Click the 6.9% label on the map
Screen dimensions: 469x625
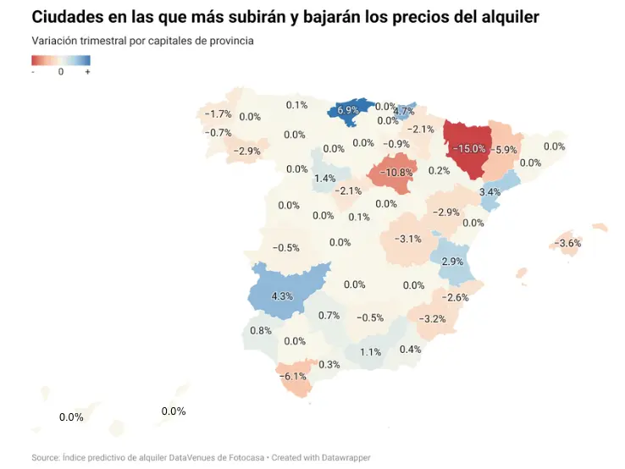coord(348,110)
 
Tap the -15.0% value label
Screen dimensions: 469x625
coord(468,148)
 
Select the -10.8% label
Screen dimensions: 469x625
coord(395,173)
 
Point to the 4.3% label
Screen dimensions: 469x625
coord(282,296)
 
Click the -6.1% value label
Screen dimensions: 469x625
coord(294,376)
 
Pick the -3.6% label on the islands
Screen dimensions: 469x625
coord(567,244)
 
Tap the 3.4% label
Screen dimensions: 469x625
coord(490,192)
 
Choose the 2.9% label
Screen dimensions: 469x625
coord(452,261)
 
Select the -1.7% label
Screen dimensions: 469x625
coord(218,114)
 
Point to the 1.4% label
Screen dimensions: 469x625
coord(324,179)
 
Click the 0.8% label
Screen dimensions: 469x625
coord(261,330)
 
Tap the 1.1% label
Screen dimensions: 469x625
coord(370,352)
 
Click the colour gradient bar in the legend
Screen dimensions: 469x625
coord(61,60)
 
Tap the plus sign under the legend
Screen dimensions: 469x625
coord(87,72)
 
